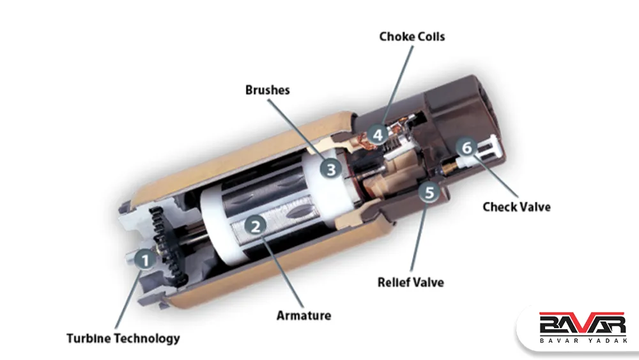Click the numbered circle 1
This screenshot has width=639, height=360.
tap(144, 260)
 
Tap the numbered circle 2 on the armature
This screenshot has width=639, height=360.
tap(256, 226)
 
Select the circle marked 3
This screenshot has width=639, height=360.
tap(330, 168)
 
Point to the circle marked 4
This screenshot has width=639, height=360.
tap(378, 134)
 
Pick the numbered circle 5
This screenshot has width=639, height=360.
tap(429, 192)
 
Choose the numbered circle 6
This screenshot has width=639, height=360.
tap(466, 148)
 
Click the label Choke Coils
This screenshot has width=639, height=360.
tap(412, 36)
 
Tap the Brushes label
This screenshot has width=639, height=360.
tap(267, 90)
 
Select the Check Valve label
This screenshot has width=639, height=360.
tap(517, 207)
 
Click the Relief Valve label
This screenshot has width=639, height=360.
tap(411, 282)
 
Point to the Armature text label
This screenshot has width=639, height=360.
tap(304, 315)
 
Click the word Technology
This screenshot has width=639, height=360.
tap(147, 338)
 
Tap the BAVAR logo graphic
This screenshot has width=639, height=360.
tap(582, 324)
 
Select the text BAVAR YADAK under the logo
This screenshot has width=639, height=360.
tap(583, 340)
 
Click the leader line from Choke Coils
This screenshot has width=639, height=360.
tap(397, 86)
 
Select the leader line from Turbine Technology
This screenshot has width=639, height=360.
tap(128, 299)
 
